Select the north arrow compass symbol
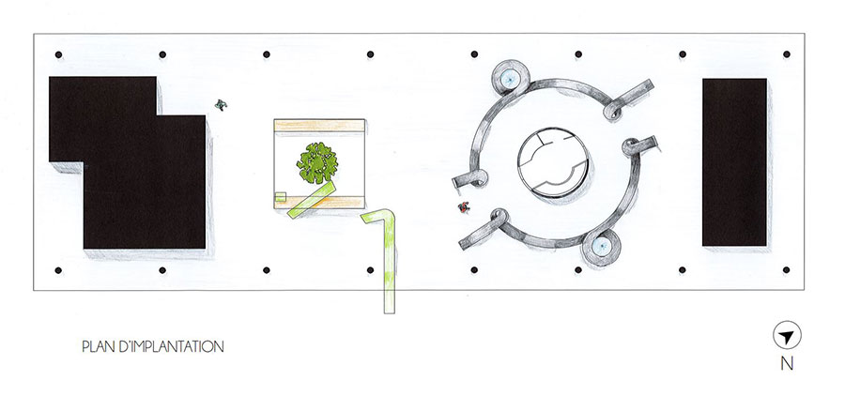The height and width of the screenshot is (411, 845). [x=787, y=336]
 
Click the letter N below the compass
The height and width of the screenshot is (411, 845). [x=787, y=364]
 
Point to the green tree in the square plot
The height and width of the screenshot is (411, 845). [x=317, y=162]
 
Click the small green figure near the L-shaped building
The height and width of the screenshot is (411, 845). [x=221, y=104]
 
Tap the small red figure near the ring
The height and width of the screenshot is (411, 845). [x=464, y=206]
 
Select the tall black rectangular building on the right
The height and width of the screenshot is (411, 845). [x=734, y=162]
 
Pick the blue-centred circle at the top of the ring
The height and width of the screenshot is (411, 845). [x=510, y=79]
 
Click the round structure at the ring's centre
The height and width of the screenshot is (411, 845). [x=552, y=162]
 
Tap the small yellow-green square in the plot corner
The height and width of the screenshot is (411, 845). [x=280, y=197]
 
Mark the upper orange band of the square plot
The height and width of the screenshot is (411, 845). [x=319, y=126]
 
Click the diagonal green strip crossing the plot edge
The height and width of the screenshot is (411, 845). [x=312, y=200]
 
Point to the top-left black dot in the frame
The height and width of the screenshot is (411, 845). [x=58, y=54]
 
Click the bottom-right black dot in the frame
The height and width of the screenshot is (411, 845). [x=786, y=270]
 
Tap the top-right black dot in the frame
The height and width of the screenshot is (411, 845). [x=786, y=54]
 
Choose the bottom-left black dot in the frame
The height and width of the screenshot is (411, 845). [x=58, y=270]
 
